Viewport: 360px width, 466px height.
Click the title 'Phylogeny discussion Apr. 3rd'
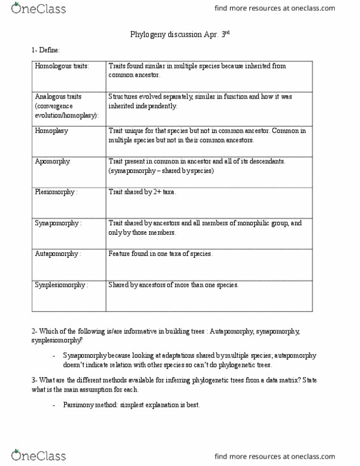tap(180, 34)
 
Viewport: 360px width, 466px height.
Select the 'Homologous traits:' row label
tap(62, 67)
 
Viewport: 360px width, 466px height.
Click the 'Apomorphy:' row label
tap(54, 162)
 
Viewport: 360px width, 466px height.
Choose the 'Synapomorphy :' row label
tap(58, 223)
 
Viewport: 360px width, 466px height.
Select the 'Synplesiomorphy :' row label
tap(61, 285)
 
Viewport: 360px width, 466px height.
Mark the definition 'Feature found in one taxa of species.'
tap(160, 254)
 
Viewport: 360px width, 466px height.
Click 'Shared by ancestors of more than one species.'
tap(174, 285)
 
